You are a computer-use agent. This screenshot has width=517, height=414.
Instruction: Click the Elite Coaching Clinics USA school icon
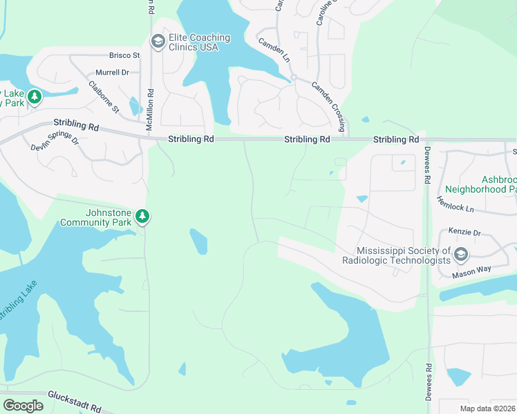tap(158, 41)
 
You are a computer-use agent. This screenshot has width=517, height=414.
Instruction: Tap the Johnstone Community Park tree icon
tap(142, 217)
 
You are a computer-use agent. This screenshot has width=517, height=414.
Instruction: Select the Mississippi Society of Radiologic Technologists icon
tap(461, 256)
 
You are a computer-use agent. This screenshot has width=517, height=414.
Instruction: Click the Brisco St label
tap(124, 55)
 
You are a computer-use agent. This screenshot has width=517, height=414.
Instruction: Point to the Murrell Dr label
tap(112, 72)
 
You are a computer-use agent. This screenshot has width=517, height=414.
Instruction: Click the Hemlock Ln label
tap(455, 203)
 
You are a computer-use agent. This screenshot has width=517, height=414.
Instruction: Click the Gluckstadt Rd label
tap(75, 398)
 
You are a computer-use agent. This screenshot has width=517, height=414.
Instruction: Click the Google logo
tap(23, 406)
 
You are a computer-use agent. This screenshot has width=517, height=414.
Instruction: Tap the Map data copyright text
tap(487, 408)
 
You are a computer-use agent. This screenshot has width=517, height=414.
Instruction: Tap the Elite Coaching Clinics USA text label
tap(194, 42)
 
